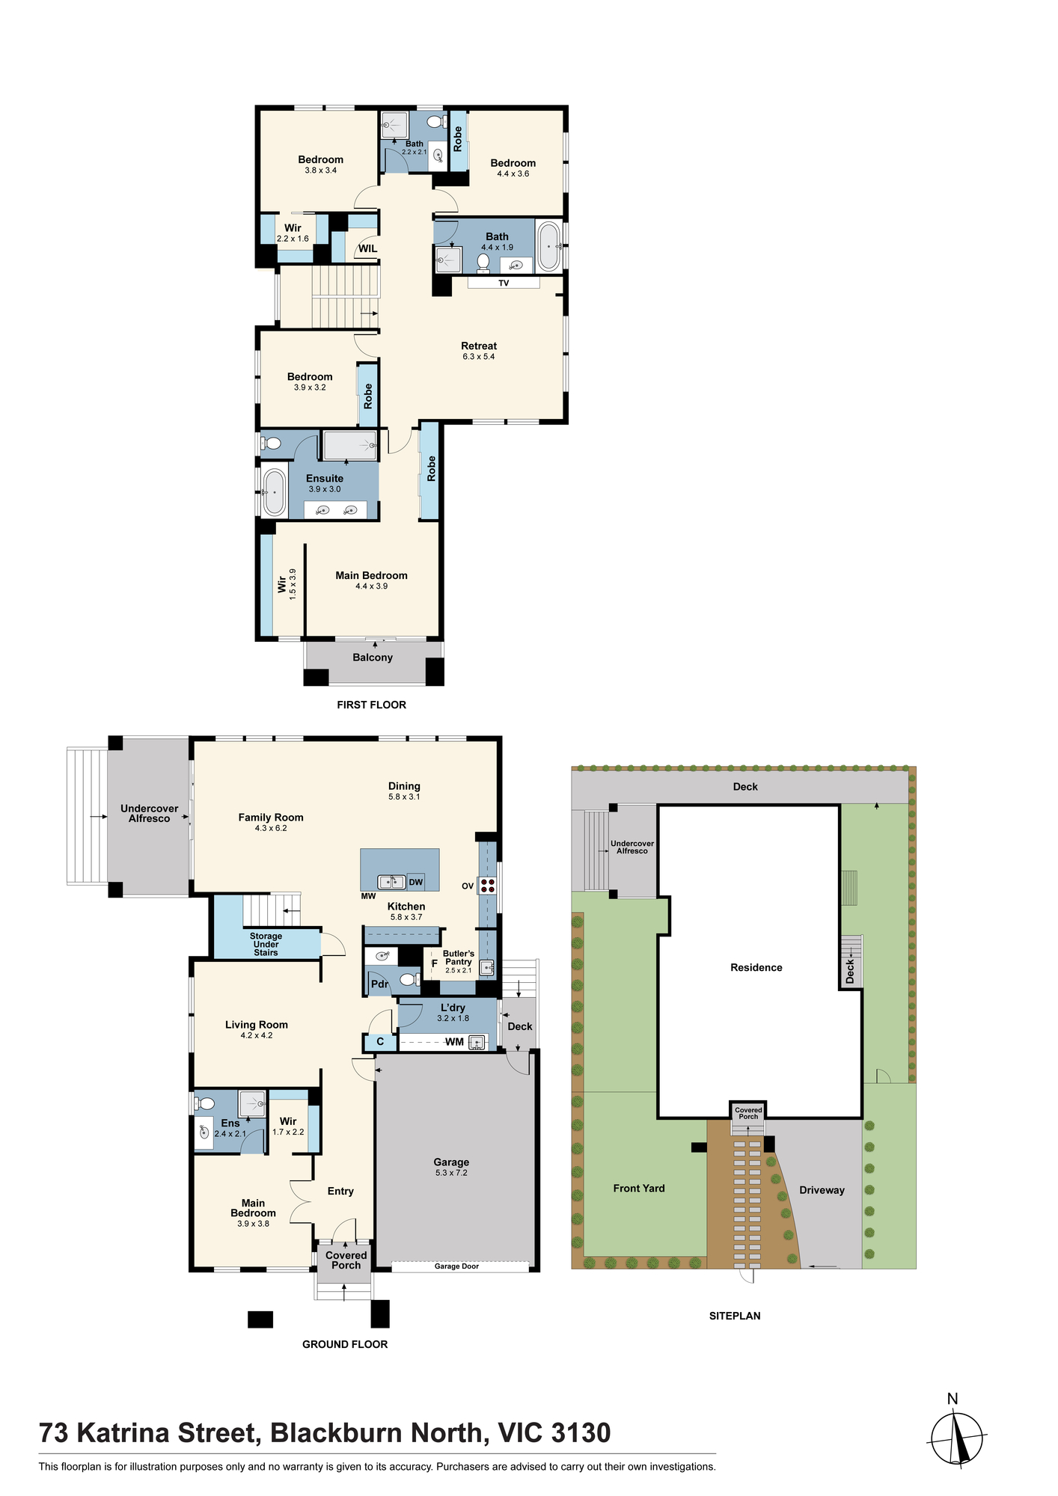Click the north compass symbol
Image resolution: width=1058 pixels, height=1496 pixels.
(956, 1436)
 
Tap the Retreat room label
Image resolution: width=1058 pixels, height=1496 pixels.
(479, 346)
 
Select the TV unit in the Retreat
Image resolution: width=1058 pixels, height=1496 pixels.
(504, 283)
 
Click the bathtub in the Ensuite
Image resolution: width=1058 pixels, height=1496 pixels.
(274, 492)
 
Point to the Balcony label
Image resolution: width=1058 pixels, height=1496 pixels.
(373, 657)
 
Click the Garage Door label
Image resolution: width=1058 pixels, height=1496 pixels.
(456, 1266)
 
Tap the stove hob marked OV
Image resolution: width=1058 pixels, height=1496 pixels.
(488, 886)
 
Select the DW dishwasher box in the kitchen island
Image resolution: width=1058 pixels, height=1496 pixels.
(416, 882)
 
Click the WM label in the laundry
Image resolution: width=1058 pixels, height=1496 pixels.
(455, 1042)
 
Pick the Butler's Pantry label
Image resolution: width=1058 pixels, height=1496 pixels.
(459, 958)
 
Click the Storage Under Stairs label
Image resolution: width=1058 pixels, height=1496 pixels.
(266, 944)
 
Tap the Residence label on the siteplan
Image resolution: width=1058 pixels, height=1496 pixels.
(756, 967)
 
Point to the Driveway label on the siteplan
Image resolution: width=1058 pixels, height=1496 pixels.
(822, 1190)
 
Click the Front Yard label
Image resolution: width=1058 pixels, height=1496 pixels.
(639, 1188)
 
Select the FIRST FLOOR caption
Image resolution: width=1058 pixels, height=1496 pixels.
(371, 705)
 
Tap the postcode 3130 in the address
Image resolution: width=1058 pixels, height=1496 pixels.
(581, 1433)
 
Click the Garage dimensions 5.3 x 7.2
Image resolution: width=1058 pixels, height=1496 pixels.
(451, 1173)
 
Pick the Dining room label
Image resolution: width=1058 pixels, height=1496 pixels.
(404, 786)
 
